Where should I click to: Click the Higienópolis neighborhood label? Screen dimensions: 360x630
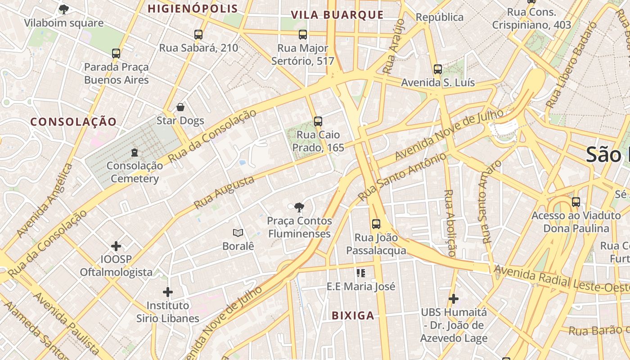[193, 9]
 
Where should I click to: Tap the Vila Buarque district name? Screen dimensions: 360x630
[337, 15]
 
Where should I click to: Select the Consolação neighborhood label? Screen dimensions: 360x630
[73, 121]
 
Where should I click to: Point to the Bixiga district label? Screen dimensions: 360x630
[353, 315]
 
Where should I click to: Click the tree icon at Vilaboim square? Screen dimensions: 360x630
[64, 9]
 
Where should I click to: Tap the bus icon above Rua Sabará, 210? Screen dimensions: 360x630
[198, 34]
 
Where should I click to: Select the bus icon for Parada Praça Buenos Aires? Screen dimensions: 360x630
[116, 54]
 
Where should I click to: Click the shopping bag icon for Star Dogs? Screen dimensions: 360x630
[180, 107]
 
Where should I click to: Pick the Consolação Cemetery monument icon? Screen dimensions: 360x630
[134, 153]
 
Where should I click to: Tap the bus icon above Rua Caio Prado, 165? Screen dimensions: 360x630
[318, 121]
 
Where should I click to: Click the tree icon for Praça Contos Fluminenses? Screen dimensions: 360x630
[299, 207]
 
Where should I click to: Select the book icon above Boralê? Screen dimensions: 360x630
[238, 233]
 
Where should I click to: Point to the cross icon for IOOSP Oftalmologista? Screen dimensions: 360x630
[116, 246]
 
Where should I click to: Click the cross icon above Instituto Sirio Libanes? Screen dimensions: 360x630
[168, 292]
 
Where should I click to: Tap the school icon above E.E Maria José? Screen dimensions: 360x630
[360, 273]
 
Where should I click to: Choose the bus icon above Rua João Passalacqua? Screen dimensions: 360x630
[376, 224]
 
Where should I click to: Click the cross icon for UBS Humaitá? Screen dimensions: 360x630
[454, 298]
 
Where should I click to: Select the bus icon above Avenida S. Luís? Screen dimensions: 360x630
[438, 69]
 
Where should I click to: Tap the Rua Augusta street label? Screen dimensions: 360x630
[224, 193]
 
